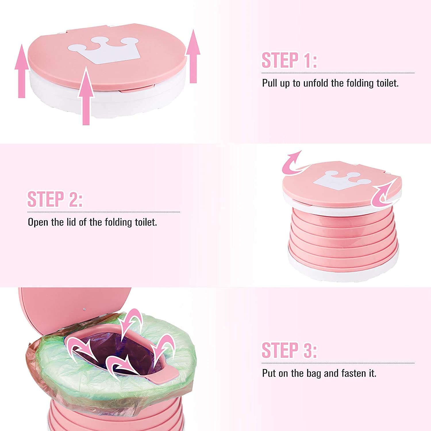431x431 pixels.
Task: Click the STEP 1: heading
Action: click(x=289, y=60)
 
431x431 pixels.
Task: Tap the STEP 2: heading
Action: click(x=55, y=199)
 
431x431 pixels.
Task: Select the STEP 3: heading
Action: click(x=289, y=350)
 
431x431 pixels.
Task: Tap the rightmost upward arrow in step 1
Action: click(x=193, y=56)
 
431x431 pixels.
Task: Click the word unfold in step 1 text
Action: click(x=315, y=83)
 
